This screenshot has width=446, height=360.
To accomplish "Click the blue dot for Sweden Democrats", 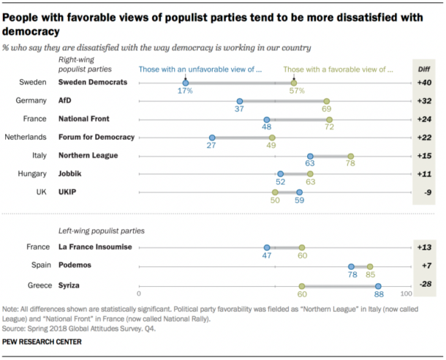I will pos(186,83).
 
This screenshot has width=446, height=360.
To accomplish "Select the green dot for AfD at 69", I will pos(326,101).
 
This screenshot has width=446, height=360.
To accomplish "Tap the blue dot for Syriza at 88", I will pos(378,286).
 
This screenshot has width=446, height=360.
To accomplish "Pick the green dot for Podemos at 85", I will pos(370,267).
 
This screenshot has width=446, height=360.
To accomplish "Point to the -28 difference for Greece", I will pos(425,285).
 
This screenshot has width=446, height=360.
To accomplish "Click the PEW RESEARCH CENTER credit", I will pos(42,342).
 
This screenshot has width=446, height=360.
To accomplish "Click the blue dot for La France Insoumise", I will pos(267,248).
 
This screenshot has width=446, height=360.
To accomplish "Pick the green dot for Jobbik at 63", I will pos(310,174).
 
